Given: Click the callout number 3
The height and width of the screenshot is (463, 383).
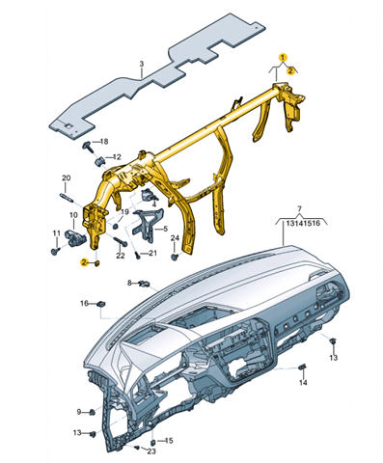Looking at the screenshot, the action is (142, 65).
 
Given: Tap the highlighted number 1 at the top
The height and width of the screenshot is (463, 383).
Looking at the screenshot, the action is (283, 57).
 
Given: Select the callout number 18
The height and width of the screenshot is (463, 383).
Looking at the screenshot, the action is (104, 142).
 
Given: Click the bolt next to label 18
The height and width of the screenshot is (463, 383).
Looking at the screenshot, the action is (89, 147).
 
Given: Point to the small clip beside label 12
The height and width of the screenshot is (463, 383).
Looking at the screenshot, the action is (100, 160).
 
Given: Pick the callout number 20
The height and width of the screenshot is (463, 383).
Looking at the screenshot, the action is (66, 178).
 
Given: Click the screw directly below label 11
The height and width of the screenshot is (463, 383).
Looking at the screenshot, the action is (55, 251).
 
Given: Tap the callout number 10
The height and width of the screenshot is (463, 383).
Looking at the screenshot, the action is (73, 214).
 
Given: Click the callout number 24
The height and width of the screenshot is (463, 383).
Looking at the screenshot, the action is (175, 238).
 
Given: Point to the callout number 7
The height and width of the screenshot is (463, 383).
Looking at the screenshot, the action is (299, 209).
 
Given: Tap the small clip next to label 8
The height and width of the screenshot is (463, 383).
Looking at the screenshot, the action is (145, 284).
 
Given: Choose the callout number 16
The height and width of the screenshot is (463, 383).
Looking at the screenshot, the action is (84, 303).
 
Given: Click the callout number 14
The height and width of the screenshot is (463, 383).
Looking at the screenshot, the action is (303, 383).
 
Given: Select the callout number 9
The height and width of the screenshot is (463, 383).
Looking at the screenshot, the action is (79, 412).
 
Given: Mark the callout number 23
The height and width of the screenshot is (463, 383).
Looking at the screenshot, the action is (151, 451).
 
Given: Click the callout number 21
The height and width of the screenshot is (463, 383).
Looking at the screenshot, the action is (152, 253).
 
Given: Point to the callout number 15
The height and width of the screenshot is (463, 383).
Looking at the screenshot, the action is (169, 441).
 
